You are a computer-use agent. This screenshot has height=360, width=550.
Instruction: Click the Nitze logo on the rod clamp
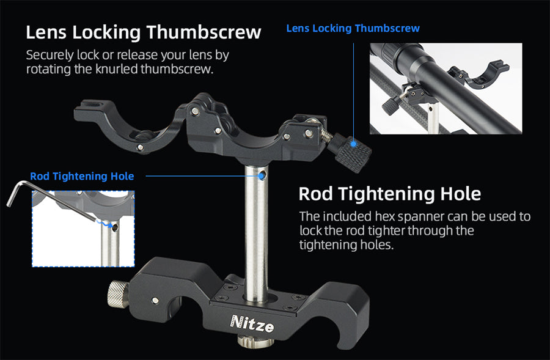click(252, 323)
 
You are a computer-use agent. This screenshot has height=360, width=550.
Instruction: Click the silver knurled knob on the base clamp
click(118, 293)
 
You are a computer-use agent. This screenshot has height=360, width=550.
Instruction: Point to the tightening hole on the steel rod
click(262, 175)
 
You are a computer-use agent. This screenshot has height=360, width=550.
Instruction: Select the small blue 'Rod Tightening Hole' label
click(82, 176)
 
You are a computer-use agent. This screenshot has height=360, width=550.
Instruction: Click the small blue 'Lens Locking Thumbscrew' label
click(353, 28)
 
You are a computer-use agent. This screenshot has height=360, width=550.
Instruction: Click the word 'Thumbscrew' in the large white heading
click(204, 32)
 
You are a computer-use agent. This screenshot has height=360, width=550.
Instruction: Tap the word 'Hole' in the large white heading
click(460, 194)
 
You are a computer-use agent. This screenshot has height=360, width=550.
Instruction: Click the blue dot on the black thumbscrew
click(354, 144)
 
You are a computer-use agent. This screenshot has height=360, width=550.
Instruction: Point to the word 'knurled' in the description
click(117, 69)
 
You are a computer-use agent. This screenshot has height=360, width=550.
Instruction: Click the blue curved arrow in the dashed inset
click(104, 223)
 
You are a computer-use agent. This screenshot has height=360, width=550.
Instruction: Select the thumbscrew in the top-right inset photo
click(391, 105)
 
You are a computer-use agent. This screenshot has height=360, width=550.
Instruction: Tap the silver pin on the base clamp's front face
click(155, 300)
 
